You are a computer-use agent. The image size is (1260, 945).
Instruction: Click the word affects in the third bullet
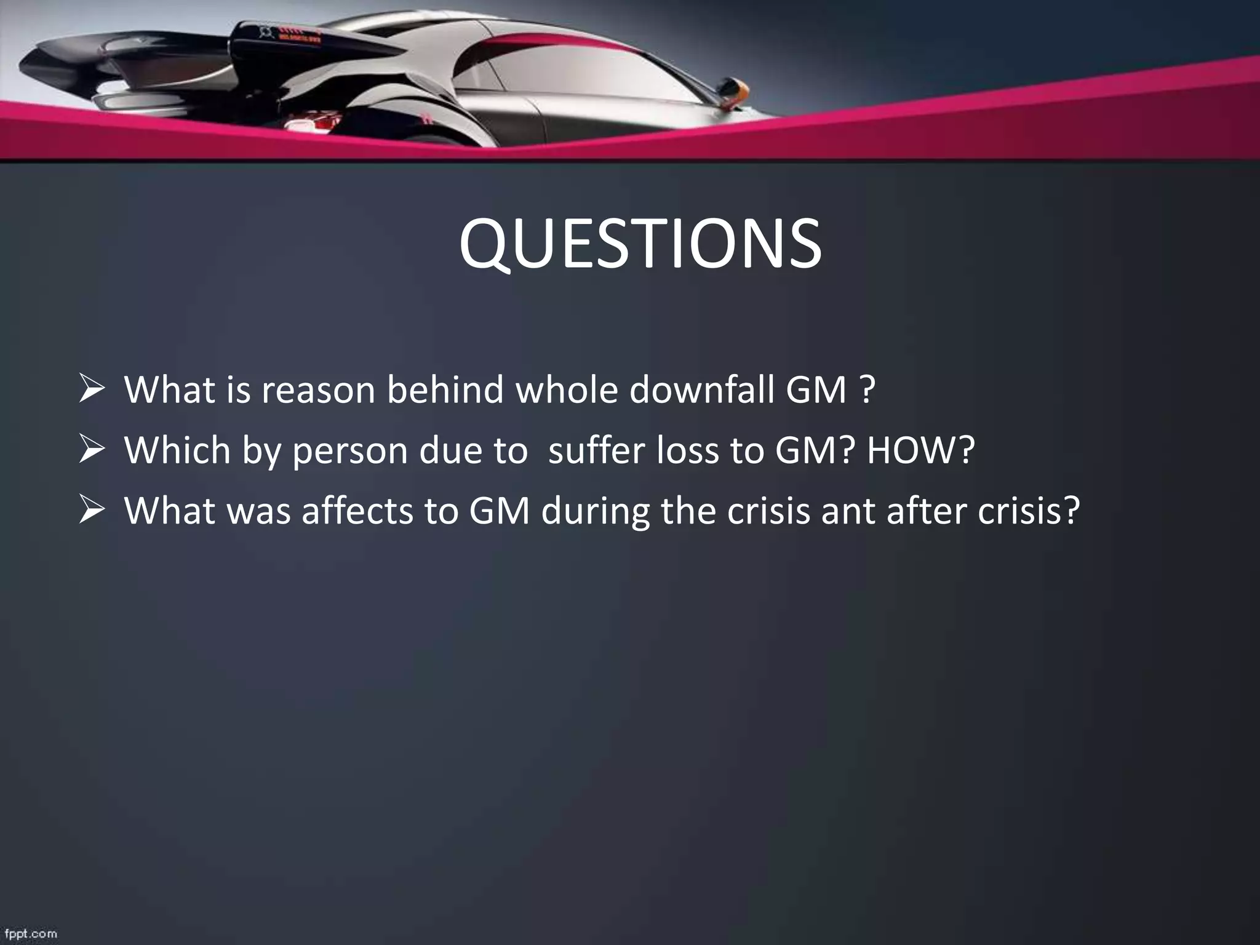[x=357, y=510]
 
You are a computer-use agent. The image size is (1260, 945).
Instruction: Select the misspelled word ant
[x=848, y=511]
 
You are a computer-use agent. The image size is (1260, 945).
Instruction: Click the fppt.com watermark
[x=29, y=934]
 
